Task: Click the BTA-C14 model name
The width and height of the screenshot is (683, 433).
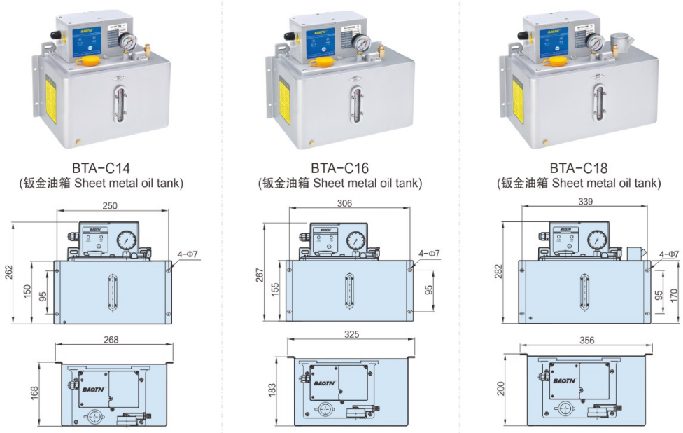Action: click(x=101, y=168)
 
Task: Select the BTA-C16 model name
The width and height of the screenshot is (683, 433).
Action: click(x=339, y=168)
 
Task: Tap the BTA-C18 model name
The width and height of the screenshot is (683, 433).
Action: click(x=578, y=168)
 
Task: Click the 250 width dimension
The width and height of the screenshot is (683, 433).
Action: click(x=111, y=205)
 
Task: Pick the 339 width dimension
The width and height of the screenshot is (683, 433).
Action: click(x=586, y=202)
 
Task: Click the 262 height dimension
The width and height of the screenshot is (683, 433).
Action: click(x=9, y=273)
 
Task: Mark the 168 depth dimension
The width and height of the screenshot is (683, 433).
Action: click(x=34, y=393)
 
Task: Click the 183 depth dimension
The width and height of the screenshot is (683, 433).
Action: click(x=272, y=389)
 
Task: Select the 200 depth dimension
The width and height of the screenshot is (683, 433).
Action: click(x=500, y=387)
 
